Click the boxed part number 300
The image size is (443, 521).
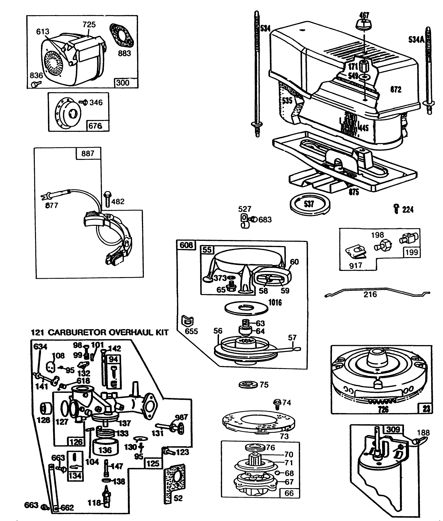click(x=123, y=83)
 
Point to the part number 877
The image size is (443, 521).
click(x=52, y=205)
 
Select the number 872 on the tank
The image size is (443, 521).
click(x=396, y=90)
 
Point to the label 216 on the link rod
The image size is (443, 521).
click(x=370, y=295)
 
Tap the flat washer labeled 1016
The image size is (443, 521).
click(x=246, y=308)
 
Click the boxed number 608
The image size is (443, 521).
click(x=186, y=245)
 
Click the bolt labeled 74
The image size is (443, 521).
click(x=277, y=402)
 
